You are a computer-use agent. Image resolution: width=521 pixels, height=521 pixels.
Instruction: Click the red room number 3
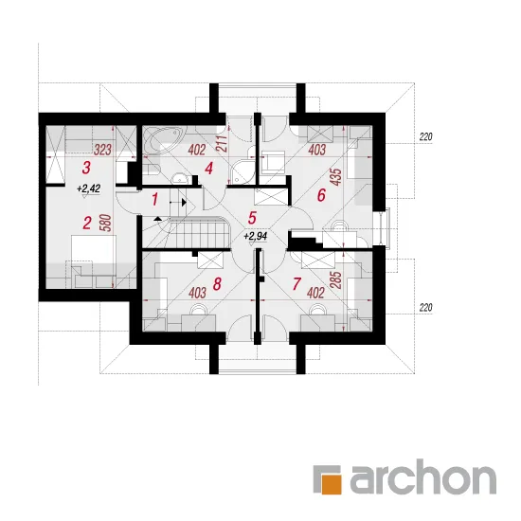coord(86,168)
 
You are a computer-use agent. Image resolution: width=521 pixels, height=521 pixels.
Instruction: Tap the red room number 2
coord(87,223)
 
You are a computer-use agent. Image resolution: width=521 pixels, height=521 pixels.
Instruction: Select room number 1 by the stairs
coord(154,200)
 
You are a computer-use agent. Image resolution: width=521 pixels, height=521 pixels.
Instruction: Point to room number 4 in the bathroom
coord(208,169)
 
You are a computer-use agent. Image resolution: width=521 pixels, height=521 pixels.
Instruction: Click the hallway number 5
coord(252,218)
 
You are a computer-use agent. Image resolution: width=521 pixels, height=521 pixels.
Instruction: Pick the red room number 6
coord(321,195)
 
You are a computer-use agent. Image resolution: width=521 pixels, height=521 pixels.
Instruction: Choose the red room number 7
coord(296,284)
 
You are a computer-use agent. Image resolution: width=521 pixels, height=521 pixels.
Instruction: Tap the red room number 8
coord(217,284)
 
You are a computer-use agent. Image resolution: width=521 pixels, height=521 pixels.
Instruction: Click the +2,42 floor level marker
coord(88,189)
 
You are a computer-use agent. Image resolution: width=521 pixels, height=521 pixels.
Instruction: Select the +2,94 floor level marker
coord(255,236)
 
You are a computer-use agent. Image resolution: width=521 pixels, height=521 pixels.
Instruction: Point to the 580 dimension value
coord(106,223)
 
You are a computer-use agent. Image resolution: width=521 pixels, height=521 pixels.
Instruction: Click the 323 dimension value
coord(102,151)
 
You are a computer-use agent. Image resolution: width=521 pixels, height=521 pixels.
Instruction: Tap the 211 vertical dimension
coord(224,144)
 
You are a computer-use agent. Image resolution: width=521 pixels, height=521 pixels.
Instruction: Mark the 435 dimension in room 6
coord(336,177)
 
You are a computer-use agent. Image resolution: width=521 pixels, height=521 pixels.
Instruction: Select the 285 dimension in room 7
coord(336,280)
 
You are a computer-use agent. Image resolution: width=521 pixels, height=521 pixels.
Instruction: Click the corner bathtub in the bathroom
coord(163,140)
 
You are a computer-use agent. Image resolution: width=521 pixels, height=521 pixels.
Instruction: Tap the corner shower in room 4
coord(243,171)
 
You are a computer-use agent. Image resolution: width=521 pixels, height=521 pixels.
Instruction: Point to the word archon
coord(422,477)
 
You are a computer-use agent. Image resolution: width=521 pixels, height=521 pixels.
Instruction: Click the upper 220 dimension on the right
coord(425,136)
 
